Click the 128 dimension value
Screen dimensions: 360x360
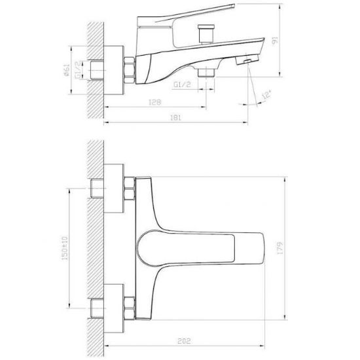click(x=155, y=102)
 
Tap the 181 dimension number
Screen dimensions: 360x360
click(x=175, y=118)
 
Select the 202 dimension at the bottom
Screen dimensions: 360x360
click(x=184, y=341)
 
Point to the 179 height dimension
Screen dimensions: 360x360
click(x=280, y=248)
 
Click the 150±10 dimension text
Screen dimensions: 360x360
click(x=65, y=248)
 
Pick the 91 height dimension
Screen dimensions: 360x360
click(x=275, y=41)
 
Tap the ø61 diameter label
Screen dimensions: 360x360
click(x=66, y=70)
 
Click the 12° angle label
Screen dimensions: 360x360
click(x=266, y=95)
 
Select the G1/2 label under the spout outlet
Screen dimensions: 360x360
click(x=182, y=84)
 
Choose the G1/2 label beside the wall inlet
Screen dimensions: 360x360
click(x=79, y=69)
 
